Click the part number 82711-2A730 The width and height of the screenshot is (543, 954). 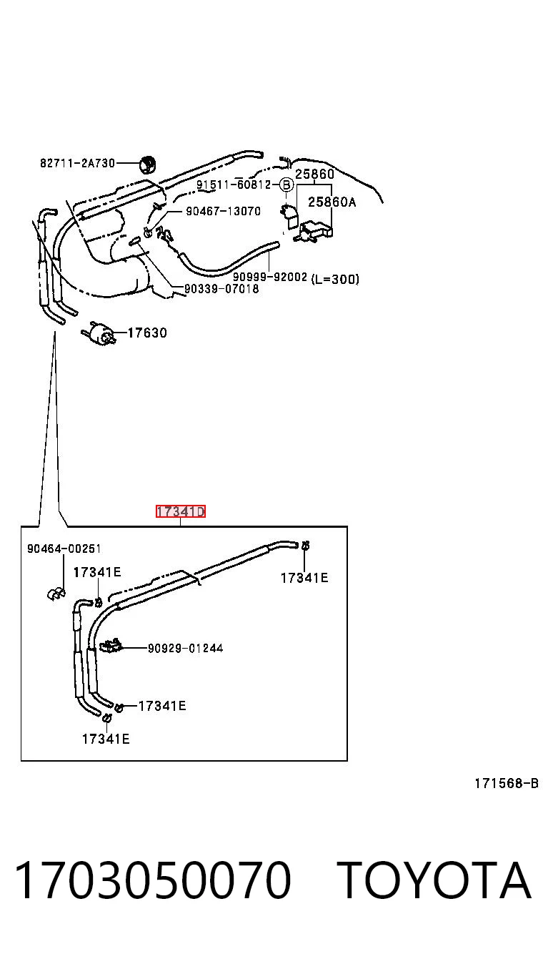tap(77, 163)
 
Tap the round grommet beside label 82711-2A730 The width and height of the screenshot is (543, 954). tap(147, 164)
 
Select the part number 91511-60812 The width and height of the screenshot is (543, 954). tap(234, 185)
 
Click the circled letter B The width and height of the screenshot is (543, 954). tap(287, 185)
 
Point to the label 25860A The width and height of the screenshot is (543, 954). tap(332, 202)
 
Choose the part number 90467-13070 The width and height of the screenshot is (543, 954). tap(224, 211)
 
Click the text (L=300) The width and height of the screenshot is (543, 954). tap(335, 280)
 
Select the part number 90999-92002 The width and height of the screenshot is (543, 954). tap(270, 277)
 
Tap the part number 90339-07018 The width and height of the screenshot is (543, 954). tap(221, 289)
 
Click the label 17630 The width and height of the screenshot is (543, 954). tap(147, 333)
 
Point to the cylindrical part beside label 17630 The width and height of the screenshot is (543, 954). tap(99, 333)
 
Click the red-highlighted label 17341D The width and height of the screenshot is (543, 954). tap(181, 511)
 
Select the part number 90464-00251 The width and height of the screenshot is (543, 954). tap(64, 549)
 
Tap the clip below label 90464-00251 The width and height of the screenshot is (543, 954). tap(56, 594)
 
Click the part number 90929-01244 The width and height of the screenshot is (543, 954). tap(186, 648)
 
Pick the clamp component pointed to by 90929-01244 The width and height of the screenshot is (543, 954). tap(111, 646)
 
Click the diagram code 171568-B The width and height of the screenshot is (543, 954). tap(507, 783)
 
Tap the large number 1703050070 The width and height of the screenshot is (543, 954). tap(153, 880)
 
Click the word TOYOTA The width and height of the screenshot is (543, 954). tap(434, 880)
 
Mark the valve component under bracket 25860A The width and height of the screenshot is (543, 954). tap(315, 232)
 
